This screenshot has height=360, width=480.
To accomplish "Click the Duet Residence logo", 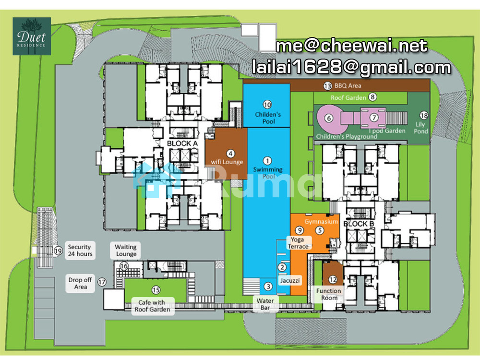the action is tap(32, 36).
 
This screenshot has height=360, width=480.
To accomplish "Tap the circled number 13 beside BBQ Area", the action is tap(327, 86).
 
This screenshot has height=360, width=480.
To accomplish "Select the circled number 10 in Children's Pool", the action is tap(267, 105).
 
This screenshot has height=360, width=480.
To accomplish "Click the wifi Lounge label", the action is tap(227, 162).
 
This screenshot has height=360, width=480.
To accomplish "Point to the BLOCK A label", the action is tap(182, 143).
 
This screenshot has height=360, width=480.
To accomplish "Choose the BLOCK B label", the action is tap(359, 224).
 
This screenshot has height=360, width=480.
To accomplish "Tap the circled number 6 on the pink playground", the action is tap(329, 118).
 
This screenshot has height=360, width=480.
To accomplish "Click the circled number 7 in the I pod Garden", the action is tap(374, 118).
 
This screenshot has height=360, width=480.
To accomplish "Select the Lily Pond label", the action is tap(420, 128).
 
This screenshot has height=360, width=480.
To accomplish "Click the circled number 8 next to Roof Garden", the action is tap(372, 97).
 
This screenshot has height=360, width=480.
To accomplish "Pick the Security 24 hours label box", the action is tap(80, 251).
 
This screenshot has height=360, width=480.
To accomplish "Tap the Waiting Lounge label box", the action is tap(126, 251).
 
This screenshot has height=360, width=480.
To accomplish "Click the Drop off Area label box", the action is tap(80, 284).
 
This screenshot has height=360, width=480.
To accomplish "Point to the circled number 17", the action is tap(102, 282).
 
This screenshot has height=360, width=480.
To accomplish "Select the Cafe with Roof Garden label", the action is tap(153, 306).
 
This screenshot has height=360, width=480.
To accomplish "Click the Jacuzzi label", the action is tap(290, 280).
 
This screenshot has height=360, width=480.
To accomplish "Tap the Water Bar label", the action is tap(265, 304).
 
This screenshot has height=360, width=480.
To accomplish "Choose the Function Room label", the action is tap(329, 294).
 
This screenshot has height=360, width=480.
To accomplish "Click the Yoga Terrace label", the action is tap(298, 243).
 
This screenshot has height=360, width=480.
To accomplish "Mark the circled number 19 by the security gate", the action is tap(58, 251).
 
